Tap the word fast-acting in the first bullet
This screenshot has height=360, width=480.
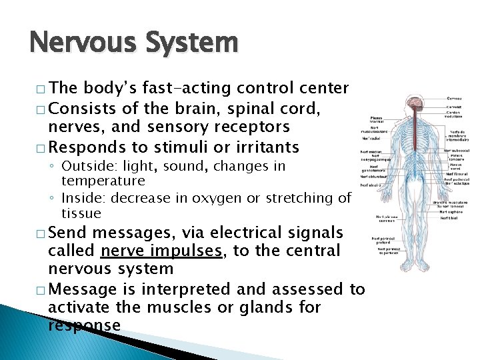(x=188, y=88)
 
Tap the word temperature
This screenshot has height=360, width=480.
(x=103, y=181)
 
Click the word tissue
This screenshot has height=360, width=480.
(x=81, y=213)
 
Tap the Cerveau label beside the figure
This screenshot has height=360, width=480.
(x=454, y=98)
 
